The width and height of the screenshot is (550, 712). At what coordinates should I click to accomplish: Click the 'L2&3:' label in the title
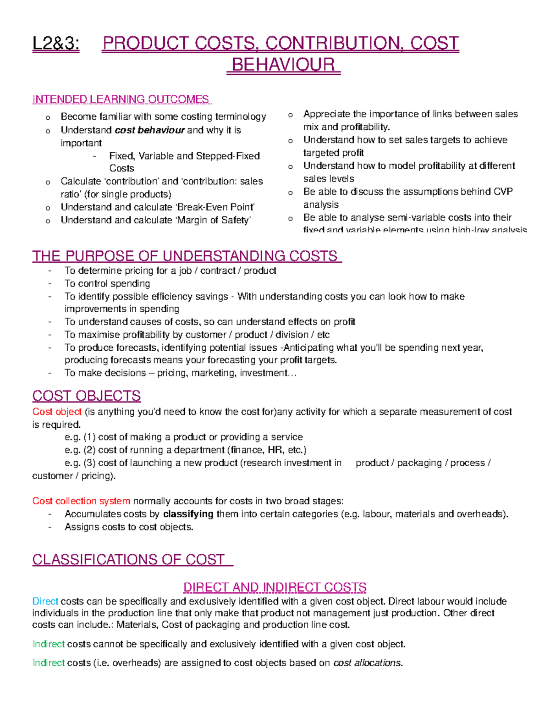(55, 44)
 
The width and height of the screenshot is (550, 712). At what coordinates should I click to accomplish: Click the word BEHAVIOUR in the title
(284, 65)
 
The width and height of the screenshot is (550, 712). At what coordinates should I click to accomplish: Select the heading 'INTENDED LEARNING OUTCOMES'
(121, 99)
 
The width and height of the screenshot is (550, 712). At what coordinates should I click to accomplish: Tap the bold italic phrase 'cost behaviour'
(149, 130)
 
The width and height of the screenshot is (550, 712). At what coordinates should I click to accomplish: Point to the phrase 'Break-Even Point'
(215, 207)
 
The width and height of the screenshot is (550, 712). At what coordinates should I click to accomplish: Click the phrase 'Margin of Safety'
(213, 220)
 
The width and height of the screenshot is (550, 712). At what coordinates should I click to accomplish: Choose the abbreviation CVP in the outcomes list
(503, 192)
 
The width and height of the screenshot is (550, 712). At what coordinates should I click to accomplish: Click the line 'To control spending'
(107, 283)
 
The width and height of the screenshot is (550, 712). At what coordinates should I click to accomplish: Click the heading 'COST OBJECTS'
(86, 396)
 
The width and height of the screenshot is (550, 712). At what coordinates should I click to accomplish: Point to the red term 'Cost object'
(57, 412)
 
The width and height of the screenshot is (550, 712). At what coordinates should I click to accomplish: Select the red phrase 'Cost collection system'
(81, 501)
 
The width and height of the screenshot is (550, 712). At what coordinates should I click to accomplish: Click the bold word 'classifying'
(188, 514)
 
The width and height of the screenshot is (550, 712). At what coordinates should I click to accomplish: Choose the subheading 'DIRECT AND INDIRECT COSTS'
(275, 587)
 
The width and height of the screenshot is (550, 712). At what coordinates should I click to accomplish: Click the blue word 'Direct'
(45, 601)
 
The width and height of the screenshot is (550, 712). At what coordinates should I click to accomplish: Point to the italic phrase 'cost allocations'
(368, 662)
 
